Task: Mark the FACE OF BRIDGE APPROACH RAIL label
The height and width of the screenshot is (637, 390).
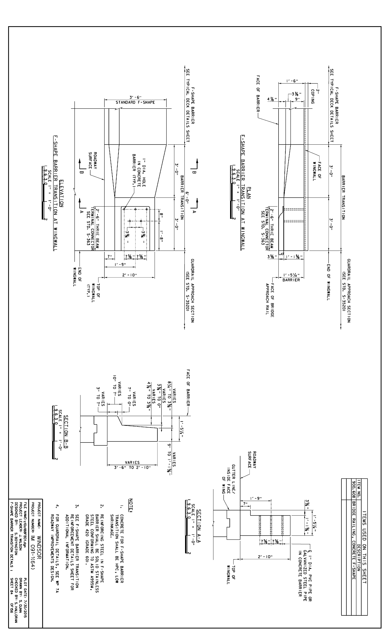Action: pos(269,300)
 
